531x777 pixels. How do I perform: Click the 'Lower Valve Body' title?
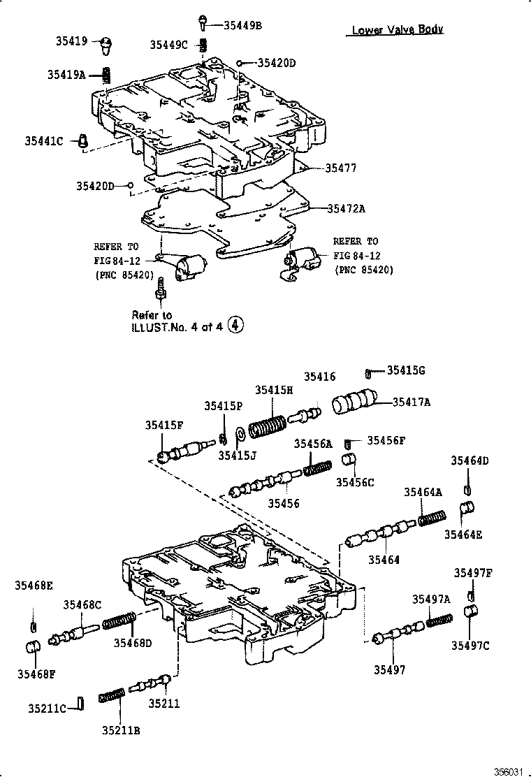tap(397, 29)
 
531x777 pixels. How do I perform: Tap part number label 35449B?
tap(242, 25)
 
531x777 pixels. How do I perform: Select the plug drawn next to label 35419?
tap(105, 45)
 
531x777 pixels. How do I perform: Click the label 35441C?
tap(44, 141)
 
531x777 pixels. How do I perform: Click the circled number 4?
tap(238, 324)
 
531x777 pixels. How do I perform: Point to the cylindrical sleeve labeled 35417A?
tap(354, 404)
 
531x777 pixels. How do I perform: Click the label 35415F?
tap(164, 425)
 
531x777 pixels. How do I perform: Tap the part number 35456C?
tap(355, 482)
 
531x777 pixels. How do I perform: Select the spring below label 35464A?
tap(432, 519)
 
